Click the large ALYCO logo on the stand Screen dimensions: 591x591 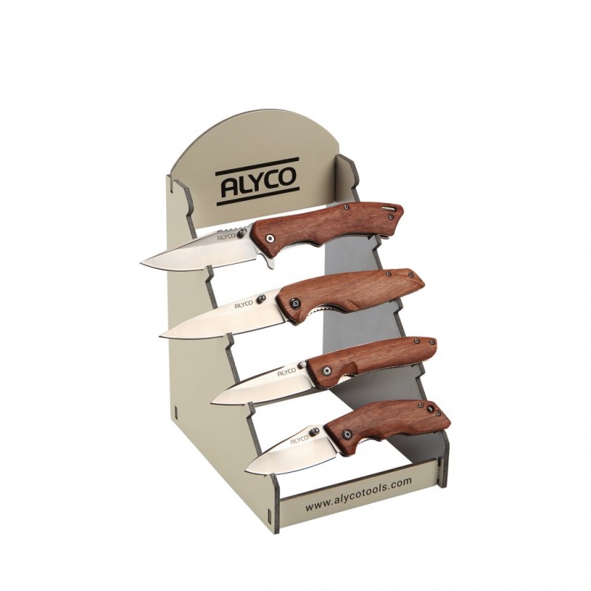click(257, 182)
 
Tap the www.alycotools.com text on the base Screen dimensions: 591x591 click(358, 493)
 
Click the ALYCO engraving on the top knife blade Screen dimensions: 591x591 click(226, 236)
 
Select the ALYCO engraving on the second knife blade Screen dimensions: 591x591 click(244, 304)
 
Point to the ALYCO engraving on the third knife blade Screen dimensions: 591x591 click(287, 372)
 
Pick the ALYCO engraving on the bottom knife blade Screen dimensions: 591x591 click(300, 440)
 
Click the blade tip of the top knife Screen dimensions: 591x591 click(141, 262)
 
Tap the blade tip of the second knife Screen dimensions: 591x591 click(160, 335)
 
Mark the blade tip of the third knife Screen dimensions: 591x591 click(213, 402)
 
